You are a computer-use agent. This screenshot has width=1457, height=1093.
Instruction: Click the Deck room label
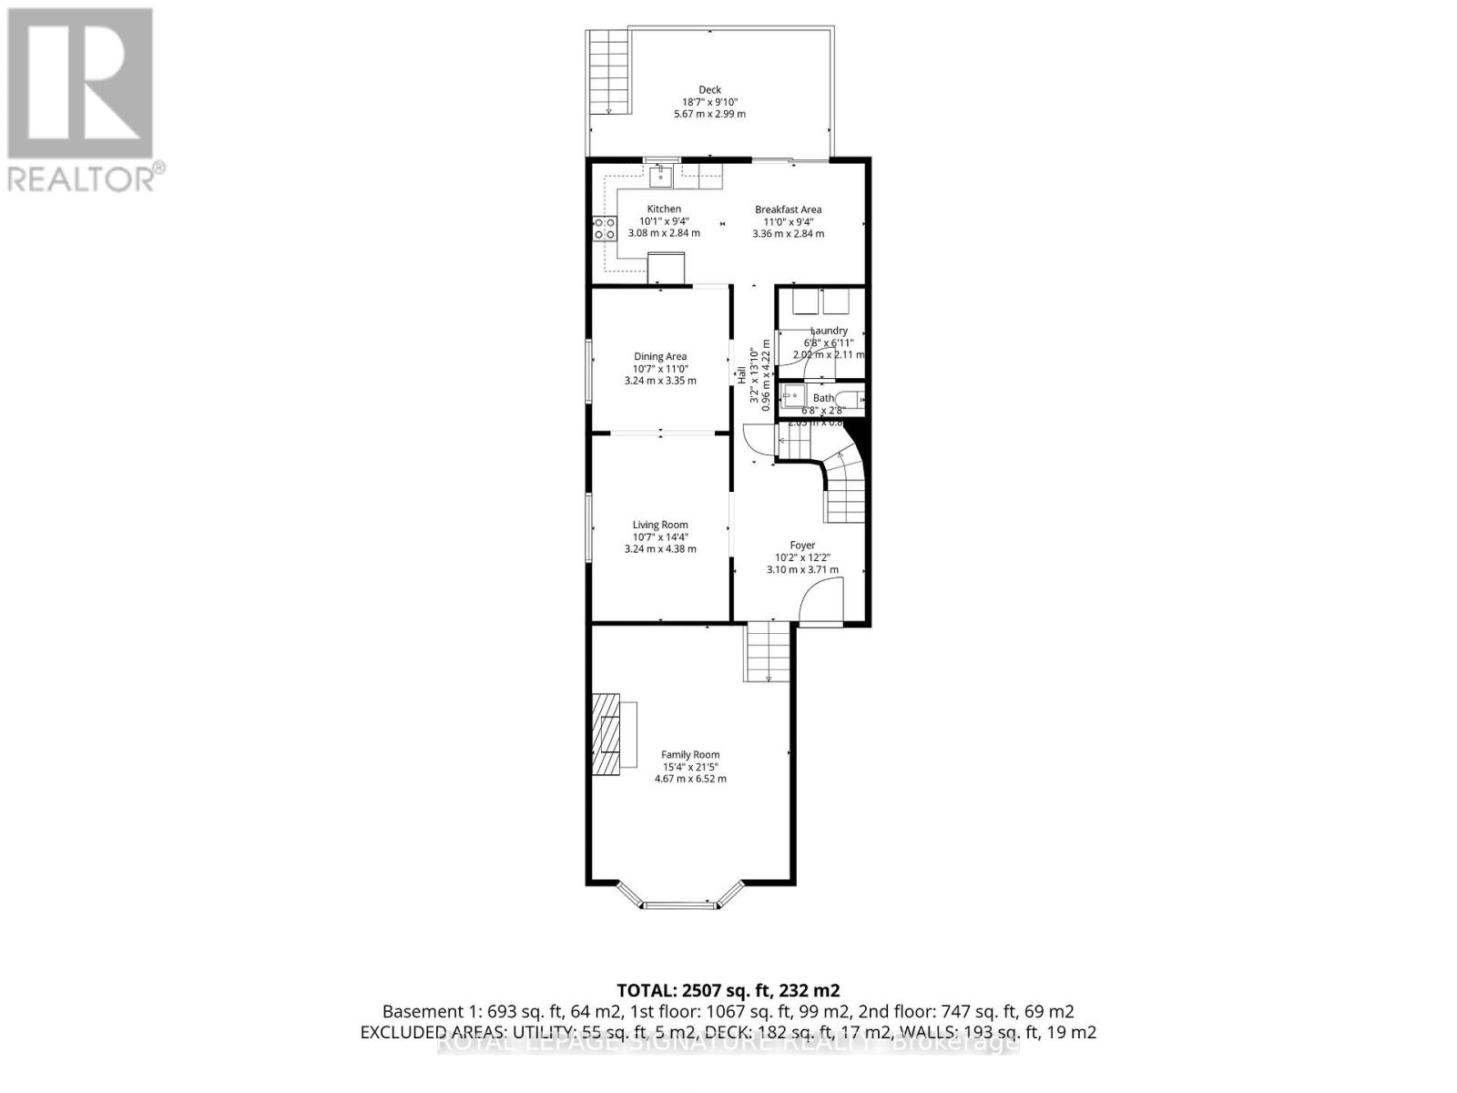(x=709, y=89)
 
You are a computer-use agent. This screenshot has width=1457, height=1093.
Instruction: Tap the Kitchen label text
(x=664, y=209)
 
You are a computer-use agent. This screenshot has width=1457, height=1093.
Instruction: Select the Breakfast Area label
(x=788, y=209)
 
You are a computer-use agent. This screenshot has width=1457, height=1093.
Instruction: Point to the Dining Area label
(x=660, y=356)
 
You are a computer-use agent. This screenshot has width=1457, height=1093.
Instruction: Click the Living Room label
(x=660, y=525)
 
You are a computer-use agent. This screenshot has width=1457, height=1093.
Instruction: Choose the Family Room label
(x=690, y=754)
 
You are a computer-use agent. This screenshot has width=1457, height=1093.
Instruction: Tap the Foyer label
(x=802, y=546)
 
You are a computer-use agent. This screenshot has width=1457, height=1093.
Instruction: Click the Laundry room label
(x=829, y=331)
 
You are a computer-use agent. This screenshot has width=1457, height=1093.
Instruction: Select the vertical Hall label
(x=741, y=373)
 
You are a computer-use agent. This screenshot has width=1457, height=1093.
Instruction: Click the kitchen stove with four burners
(x=604, y=228)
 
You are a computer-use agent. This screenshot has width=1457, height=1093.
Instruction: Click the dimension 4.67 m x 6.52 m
(x=690, y=779)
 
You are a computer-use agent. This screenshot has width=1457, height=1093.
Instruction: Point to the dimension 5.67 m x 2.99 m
(x=709, y=114)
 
